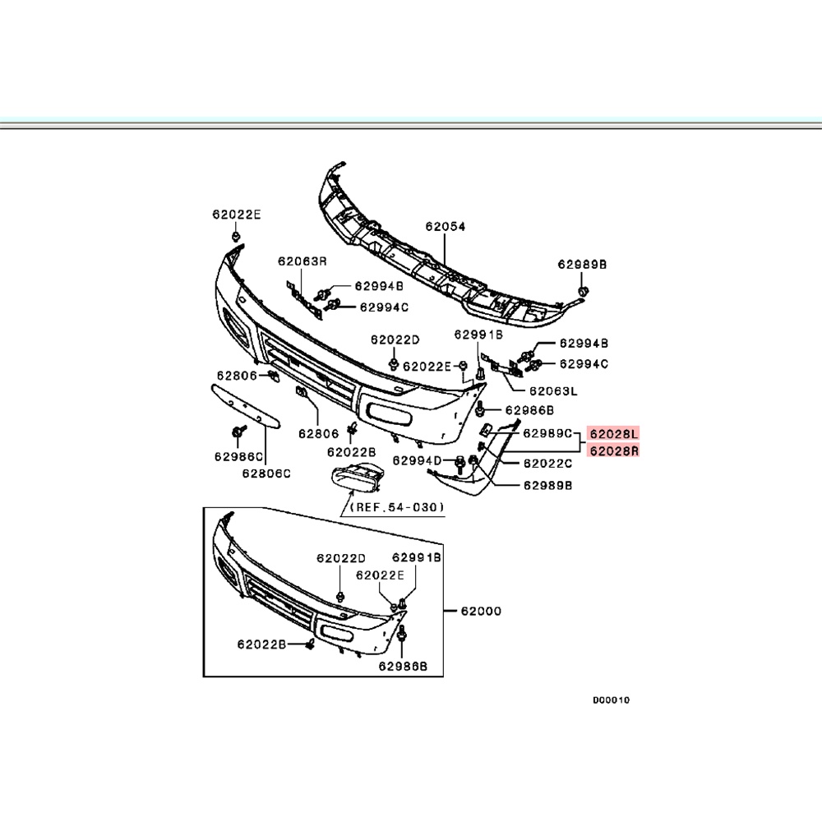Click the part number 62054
tap(445, 225)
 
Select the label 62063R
tap(302, 261)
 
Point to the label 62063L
tap(552, 391)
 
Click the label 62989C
tap(547, 432)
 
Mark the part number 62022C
tap(547, 464)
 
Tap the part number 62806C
tap(266, 473)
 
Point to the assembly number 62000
tap(481, 612)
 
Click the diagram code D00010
tap(611, 701)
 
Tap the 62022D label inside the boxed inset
tap(340, 557)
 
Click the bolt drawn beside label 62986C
tap(238, 432)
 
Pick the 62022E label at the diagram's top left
tap(236, 214)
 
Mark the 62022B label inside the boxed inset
tap(261, 645)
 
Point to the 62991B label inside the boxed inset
tap(417, 557)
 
